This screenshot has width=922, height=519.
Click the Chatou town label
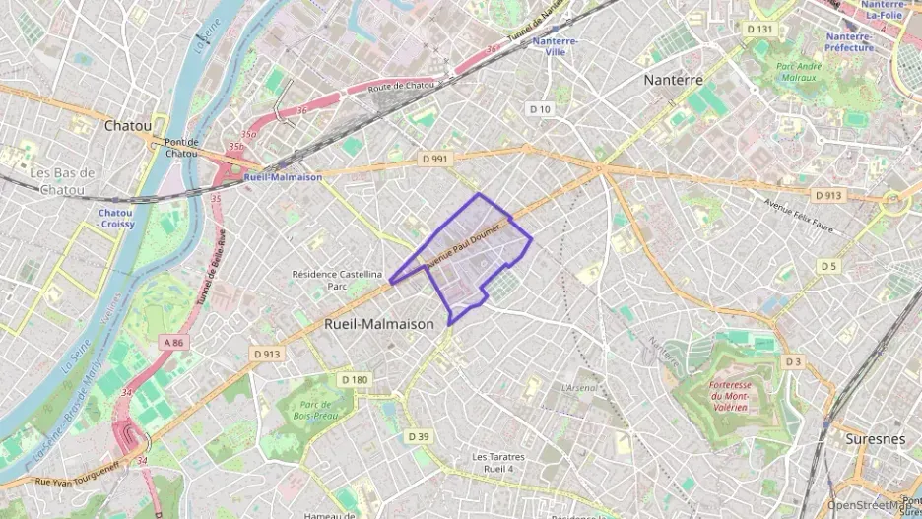click(128, 126)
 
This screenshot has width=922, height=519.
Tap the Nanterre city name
click(673, 80)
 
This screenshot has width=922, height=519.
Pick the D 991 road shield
click(433, 159)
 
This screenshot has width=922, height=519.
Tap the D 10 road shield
click(540, 109)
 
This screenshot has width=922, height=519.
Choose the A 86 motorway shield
click(173, 343)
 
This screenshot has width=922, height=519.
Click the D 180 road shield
click(355, 379)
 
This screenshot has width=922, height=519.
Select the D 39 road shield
click(419, 436)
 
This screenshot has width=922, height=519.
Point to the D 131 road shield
click(759, 30)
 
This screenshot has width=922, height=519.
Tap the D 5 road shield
click(828, 266)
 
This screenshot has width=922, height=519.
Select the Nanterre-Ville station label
click(555, 47)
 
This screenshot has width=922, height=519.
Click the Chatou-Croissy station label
click(115, 219)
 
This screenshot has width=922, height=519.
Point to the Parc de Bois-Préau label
click(314, 410)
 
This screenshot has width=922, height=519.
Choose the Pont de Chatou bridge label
click(181, 148)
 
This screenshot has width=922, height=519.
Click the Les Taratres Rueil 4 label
click(497, 462)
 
